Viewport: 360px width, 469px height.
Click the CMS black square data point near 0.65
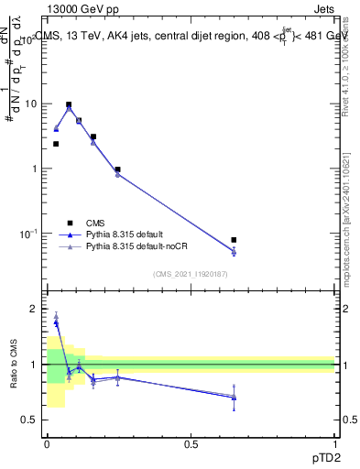234,240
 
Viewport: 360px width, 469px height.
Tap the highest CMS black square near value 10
69,104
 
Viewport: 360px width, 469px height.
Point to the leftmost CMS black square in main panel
56,144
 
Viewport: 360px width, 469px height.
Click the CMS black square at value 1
118,169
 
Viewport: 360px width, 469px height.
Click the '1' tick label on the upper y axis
34,169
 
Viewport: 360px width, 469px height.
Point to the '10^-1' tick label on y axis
28,234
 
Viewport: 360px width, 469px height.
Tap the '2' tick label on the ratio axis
34,310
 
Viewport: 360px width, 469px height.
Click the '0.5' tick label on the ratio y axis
30,420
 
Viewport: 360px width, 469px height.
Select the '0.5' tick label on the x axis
191,443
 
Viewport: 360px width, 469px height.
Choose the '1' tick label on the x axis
334,443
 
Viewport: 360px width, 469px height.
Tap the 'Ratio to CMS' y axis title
14,365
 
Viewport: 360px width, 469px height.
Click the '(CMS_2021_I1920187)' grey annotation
191,274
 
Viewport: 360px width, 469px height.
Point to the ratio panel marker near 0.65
234,397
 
